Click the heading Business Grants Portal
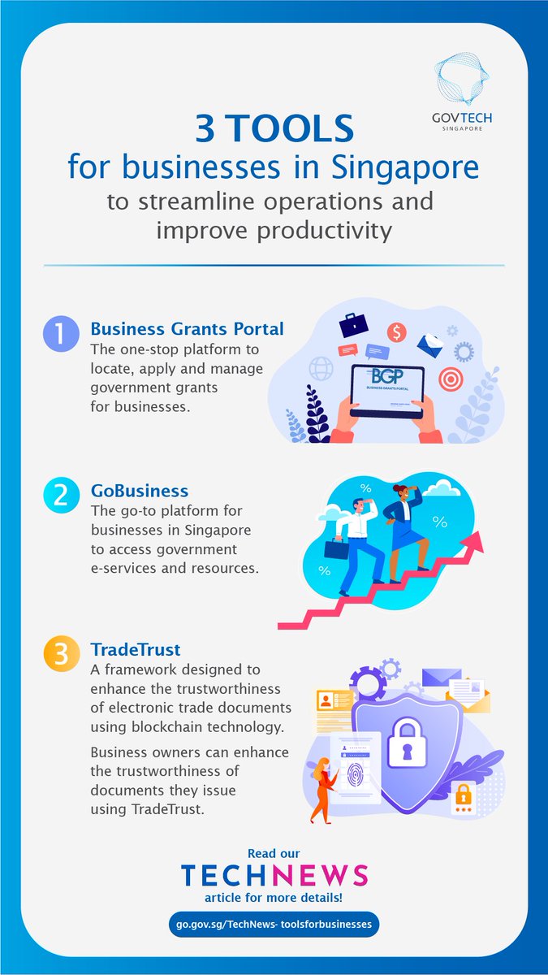point(187,328)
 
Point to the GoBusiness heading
point(140,491)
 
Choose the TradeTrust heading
point(135,650)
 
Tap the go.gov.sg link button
point(274,924)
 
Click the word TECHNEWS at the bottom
point(274,875)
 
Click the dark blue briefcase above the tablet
point(353,325)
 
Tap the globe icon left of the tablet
point(321,369)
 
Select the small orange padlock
point(463,794)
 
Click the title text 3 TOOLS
point(274,130)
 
